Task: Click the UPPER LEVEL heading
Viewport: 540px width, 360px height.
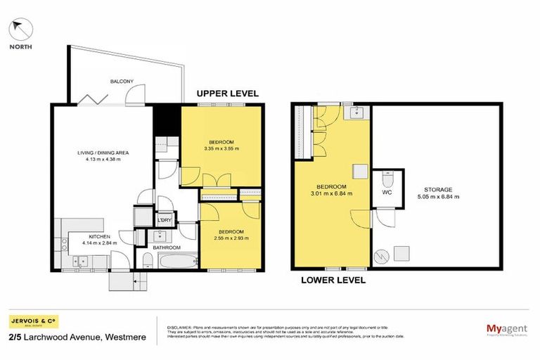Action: pos(227,93)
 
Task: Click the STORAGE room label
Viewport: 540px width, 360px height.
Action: pos(437,189)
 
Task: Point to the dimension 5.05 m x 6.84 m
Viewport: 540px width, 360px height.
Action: pos(437,197)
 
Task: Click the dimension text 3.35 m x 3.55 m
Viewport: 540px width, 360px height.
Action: pos(221,149)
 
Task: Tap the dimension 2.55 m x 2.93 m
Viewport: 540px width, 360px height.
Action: pos(230,239)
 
